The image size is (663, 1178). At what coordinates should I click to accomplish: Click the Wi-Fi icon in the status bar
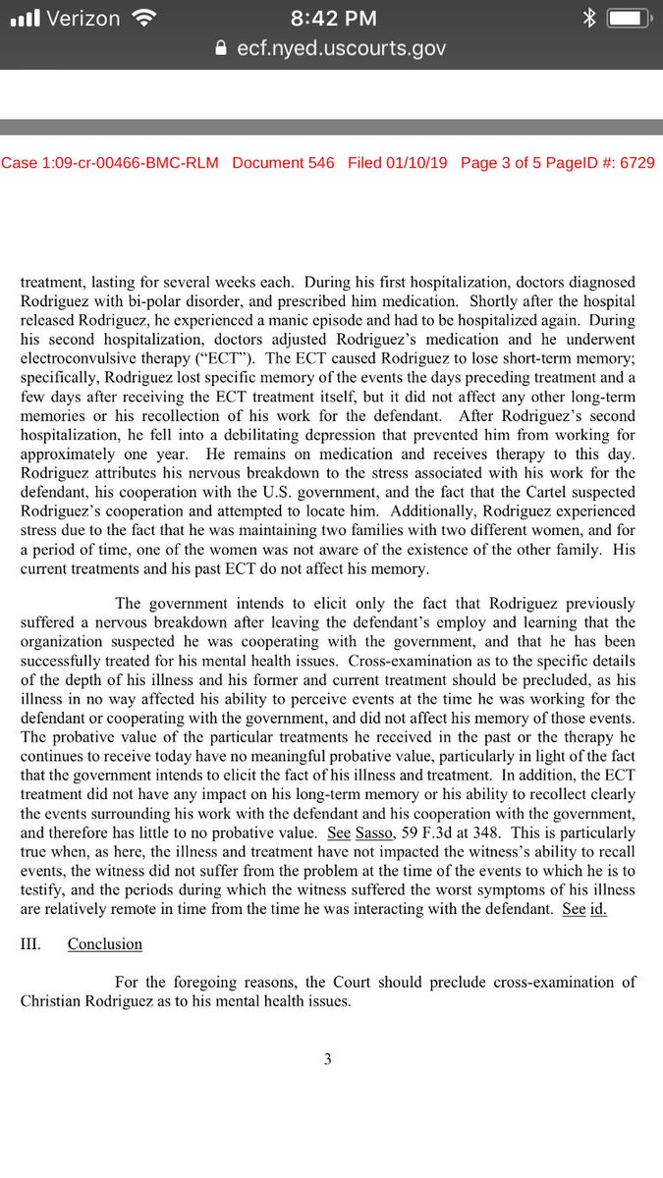tap(144, 17)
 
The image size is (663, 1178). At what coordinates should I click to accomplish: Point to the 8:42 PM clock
tap(331, 17)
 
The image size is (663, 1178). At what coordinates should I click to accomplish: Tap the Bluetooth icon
tap(587, 17)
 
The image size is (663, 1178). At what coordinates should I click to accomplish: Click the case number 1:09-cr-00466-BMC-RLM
tap(110, 163)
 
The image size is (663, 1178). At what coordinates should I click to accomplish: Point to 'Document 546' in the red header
tap(283, 163)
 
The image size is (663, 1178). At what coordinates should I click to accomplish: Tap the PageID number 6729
tap(635, 163)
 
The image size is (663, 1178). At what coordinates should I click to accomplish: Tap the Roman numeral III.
tap(30, 943)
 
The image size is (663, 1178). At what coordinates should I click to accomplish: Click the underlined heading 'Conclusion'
tap(105, 943)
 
